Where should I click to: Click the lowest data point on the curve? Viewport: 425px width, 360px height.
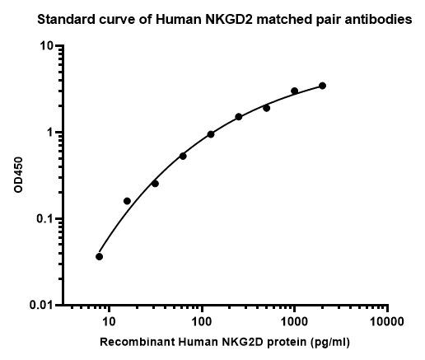100,257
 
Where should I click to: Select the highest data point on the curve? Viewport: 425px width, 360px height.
323,86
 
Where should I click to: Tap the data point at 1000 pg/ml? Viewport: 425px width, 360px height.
295,91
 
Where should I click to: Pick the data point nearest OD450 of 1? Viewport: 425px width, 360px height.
211,134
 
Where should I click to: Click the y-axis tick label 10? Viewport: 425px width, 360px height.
46,46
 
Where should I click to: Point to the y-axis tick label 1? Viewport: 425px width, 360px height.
49,133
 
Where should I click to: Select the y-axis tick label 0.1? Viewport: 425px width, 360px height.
44,219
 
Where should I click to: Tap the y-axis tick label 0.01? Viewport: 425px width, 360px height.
41,306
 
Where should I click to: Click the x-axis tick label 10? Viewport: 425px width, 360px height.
109,321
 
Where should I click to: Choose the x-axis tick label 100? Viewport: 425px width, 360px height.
202,321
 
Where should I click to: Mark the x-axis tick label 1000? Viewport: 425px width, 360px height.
294,321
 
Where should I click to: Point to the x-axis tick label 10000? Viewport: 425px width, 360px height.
387,321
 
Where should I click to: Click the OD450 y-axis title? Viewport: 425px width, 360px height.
18,175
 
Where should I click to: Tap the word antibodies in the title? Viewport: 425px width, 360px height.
382,20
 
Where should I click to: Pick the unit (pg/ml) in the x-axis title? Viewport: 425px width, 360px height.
330,342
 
